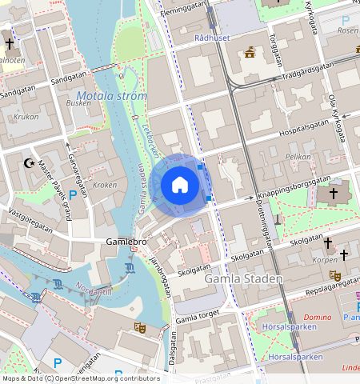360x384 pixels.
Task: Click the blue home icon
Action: click(x=180, y=185)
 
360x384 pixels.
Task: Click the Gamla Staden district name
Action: click(x=243, y=279)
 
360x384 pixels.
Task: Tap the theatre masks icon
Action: click(x=139, y=327)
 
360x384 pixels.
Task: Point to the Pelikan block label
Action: click(x=297, y=157)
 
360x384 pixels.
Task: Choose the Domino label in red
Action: click(x=317, y=317)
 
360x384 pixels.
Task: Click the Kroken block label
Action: click(x=105, y=185)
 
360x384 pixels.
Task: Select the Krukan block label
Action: click(x=26, y=117)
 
